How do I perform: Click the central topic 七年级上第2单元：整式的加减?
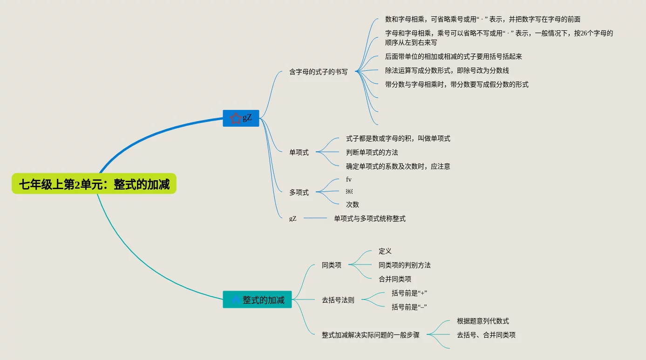click(94, 184)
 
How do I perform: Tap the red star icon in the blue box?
click(236, 118)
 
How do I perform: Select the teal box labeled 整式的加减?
click(257, 300)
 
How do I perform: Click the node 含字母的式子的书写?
click(318, 72)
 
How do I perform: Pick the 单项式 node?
click(299, 152)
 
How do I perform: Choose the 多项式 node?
click(299, 192)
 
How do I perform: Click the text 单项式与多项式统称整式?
click(369, 218)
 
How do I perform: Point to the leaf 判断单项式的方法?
click(372, 152)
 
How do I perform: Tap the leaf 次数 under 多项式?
click(352, 204)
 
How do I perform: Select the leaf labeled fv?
click(349, 179)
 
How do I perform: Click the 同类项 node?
click(331, 265)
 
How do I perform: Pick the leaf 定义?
click(385, 251)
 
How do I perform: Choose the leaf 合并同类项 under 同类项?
click(394, 279)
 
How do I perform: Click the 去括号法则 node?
click(338, 300)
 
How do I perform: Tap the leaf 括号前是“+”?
click(409, 293)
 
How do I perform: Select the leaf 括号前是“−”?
click(409, 307)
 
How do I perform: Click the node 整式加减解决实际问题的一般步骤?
click(370, 335)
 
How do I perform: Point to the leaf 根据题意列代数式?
click(483, 321)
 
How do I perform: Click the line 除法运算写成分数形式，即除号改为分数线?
click(447, 70)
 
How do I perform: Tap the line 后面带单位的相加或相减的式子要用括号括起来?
click(453, 56)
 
